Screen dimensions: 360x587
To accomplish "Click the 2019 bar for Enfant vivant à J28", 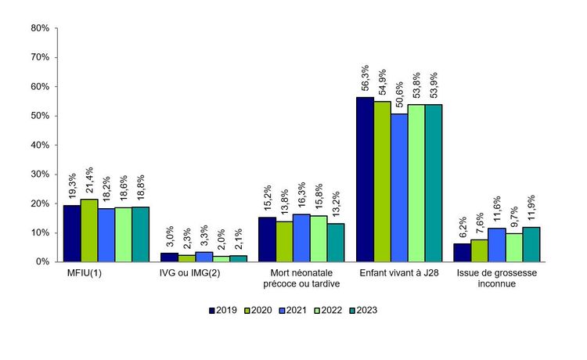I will pyautogui.click(x=365, y=179).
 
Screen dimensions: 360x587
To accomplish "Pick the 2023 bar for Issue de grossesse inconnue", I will pyautogui.click(x=531, y=244).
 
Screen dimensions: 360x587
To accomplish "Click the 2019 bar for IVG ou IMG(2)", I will pyautogui.click(x=169, y=257).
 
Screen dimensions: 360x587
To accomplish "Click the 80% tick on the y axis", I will pyautogui.click(x=39, y=28).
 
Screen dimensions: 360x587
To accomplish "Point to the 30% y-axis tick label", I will pyautogui.click(x=39, y=175).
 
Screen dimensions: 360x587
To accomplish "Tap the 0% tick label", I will pyautogui.click(x=42, y=262).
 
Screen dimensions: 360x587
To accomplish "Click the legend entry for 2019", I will pyautogui.click(x=224, y=310).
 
